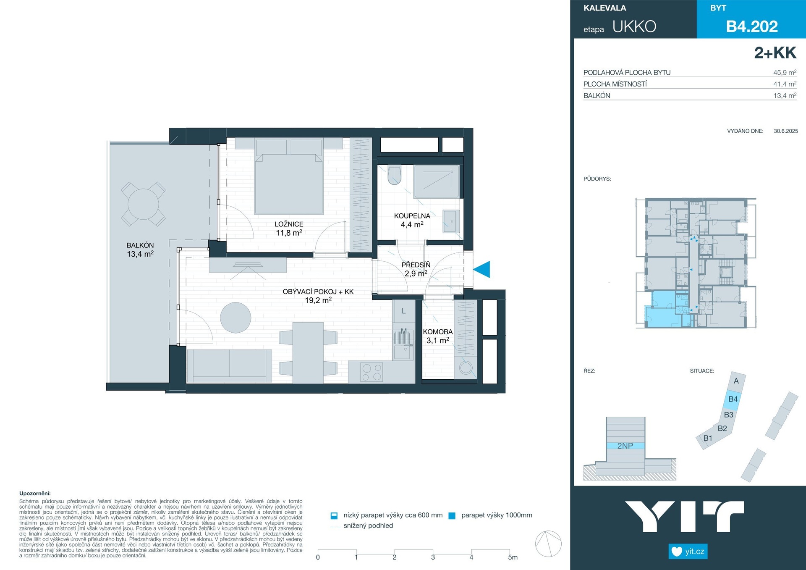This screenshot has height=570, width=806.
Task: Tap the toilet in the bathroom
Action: pyautogui.click(x=394, y=176)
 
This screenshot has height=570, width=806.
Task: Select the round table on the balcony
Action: pyautogui.click(x=143, y=204)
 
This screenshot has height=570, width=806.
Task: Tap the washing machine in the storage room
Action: pyautogui.click(x=466, y=368)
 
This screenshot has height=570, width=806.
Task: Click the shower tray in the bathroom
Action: pyautogui.click(x=437, y=181)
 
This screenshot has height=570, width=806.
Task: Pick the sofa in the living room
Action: pyautogui.click(x=229, y=366)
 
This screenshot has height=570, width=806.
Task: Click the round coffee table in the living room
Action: pyautogui.click(x=236, y=318)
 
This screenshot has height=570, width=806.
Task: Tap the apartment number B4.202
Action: pyautogui.click(x=752, y=26)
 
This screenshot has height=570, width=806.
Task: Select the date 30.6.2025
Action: pyautogui.click(x=786, y=131)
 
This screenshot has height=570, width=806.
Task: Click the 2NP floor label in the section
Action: pyautogui.click(x=625, y=446)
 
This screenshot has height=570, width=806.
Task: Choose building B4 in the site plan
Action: pyautogui.click(x=733, y=399)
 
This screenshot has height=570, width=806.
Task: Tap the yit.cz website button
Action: pyautogui.click(x=688, y=552)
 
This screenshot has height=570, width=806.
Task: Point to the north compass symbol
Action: pyautogui.click(x=548, y=544)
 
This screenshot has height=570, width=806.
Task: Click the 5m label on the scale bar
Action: pyautogui.click(x=513, y=557)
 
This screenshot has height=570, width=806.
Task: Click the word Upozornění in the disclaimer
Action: pyautogui.click(x=35, y=494)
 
